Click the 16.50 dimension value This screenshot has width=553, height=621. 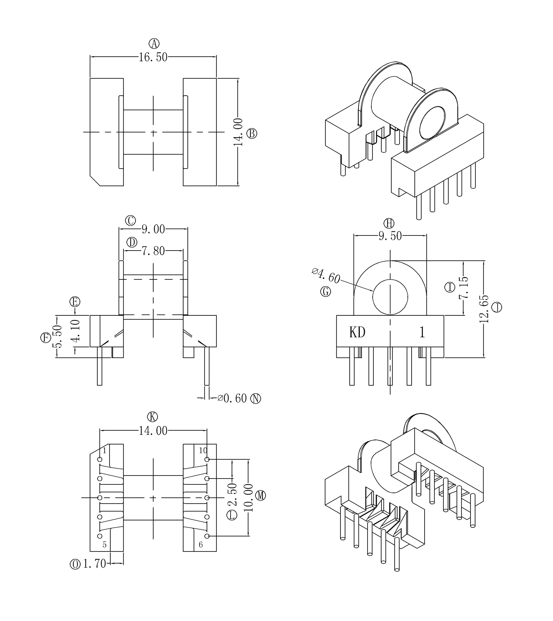click(153, 57)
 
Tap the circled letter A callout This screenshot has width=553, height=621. click(154, 44)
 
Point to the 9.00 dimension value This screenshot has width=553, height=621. click(153, 229)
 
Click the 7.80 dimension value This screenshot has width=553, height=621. click(153, 251)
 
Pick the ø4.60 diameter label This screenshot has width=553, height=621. click(326, 276)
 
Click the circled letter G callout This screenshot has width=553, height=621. click(325, 292)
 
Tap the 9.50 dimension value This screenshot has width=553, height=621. click(390, 236)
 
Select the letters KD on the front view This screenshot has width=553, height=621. click(357, 332)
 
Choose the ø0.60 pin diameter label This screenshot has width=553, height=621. click(232, 398)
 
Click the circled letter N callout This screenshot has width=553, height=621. click(255, 398)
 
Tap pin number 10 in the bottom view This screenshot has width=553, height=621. click(203, 451)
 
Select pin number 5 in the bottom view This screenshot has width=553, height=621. click(105, 545)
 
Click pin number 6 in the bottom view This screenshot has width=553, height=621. click(200, 545)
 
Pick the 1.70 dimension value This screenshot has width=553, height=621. click(94, 564)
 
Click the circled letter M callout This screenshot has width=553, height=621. click(260, 496)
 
